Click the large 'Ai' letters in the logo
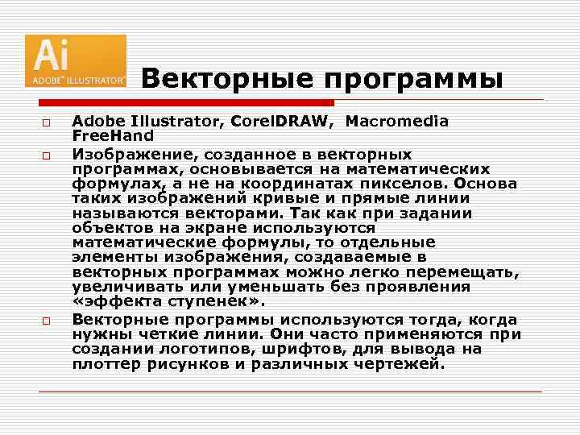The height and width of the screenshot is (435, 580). (52, 56)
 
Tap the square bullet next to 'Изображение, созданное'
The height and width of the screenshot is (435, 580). (48, 154)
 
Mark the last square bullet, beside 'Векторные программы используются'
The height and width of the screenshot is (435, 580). (48, 321)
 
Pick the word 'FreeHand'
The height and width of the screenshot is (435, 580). (112, 135)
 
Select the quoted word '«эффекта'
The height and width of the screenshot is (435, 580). (111, 302)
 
